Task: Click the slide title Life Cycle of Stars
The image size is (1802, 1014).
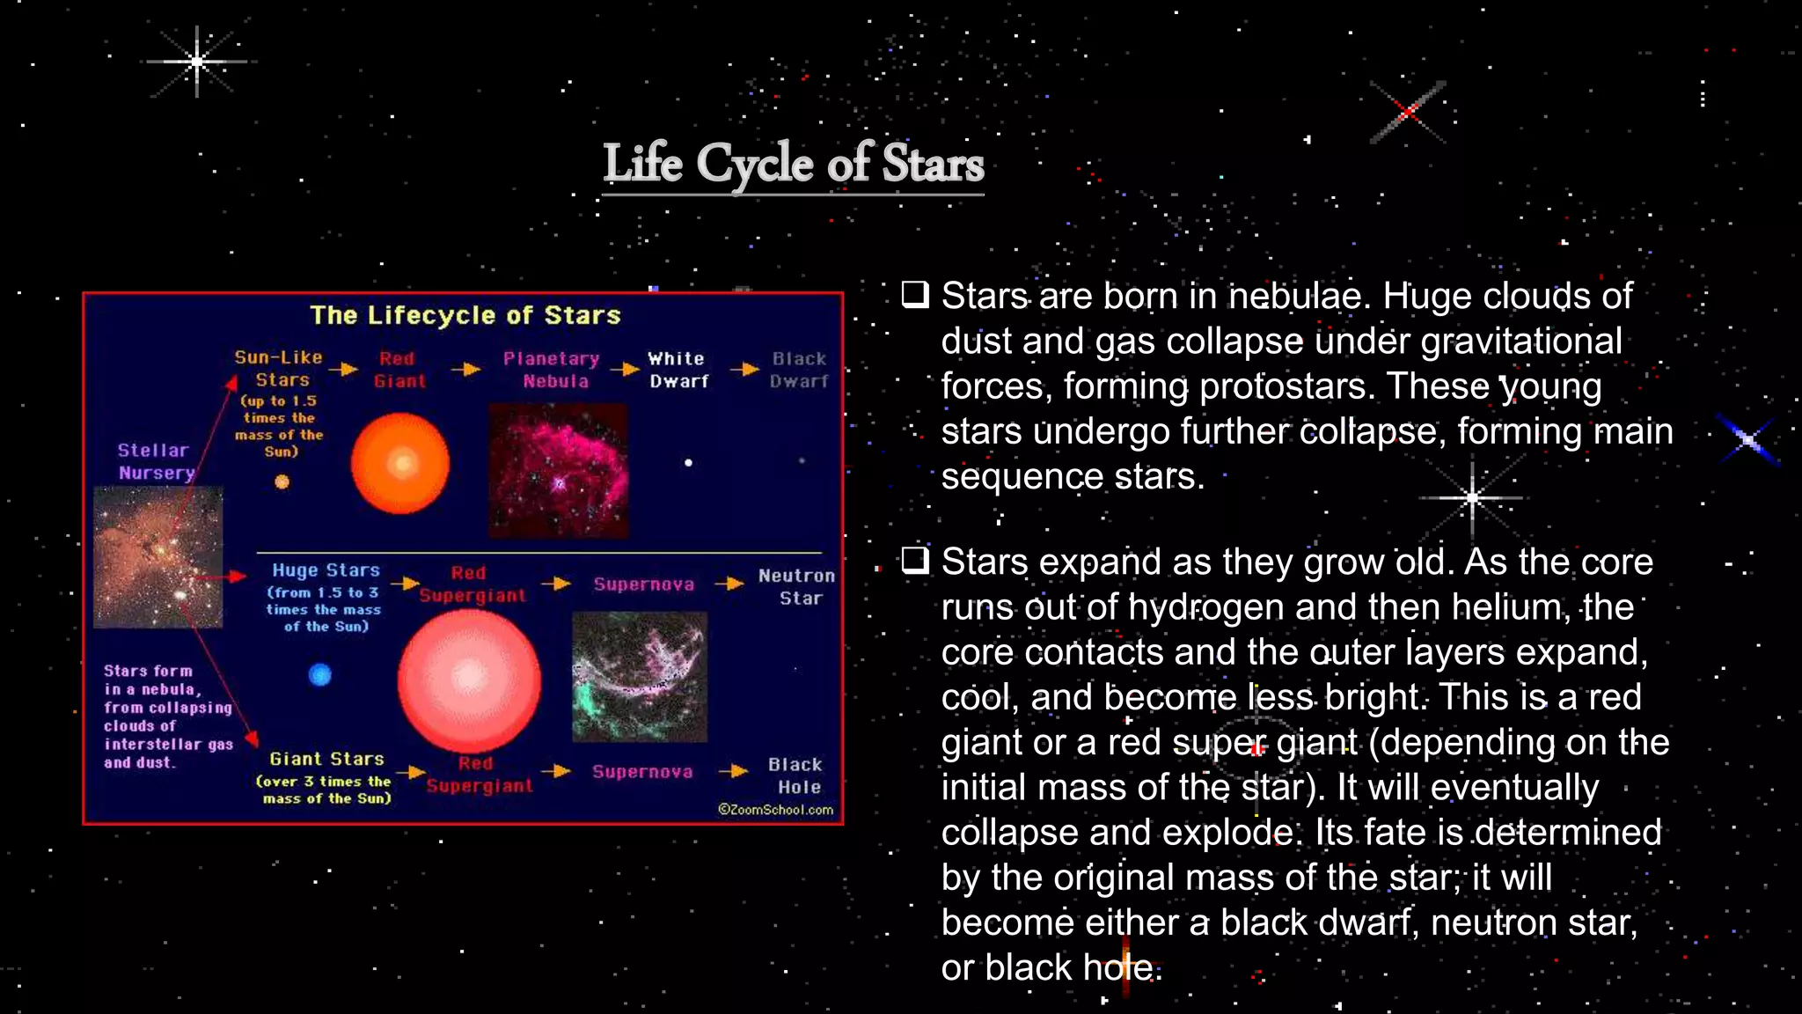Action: pyautogui.click(x=793, y=164)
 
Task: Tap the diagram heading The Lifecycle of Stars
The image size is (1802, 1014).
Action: pyautogui.click(x=465, y=315)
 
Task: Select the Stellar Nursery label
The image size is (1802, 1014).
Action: pyautogui.click(x=155, y=461)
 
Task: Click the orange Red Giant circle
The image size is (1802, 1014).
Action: pyautogui.click(x=400, y=463)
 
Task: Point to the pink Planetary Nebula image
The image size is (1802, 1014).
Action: pyautogui.click(x=558, y=470)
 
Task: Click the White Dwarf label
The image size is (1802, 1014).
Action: pyautogui.click(x=678, y=370)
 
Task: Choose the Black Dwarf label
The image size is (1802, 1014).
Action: pyautogui.click(x=799, y=370)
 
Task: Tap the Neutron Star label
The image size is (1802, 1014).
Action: pyautogui.click(x=797, y=586)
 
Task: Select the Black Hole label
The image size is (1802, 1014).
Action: pyautogui.click(x=795, y=775)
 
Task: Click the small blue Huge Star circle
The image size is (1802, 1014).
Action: pyautogui.click(x=320, y=674)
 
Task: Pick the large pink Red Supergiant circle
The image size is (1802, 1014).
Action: pyautogui.click(x=469, y=680)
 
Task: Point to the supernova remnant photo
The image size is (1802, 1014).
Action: pyautogui.click(x=640, y=677)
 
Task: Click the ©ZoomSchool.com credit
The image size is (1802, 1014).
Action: pyautogui.click(x=775, y=810)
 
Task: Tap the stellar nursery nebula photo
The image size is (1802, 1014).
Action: pyautogui.click(x=158, y=556)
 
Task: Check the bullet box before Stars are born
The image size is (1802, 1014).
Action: pyautogui.click(x=915, y=294)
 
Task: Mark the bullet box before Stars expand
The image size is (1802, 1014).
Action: pyautogui.click(x=915, y=560)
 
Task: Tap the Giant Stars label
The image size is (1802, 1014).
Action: pyautogui.click(x=326, y=759)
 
